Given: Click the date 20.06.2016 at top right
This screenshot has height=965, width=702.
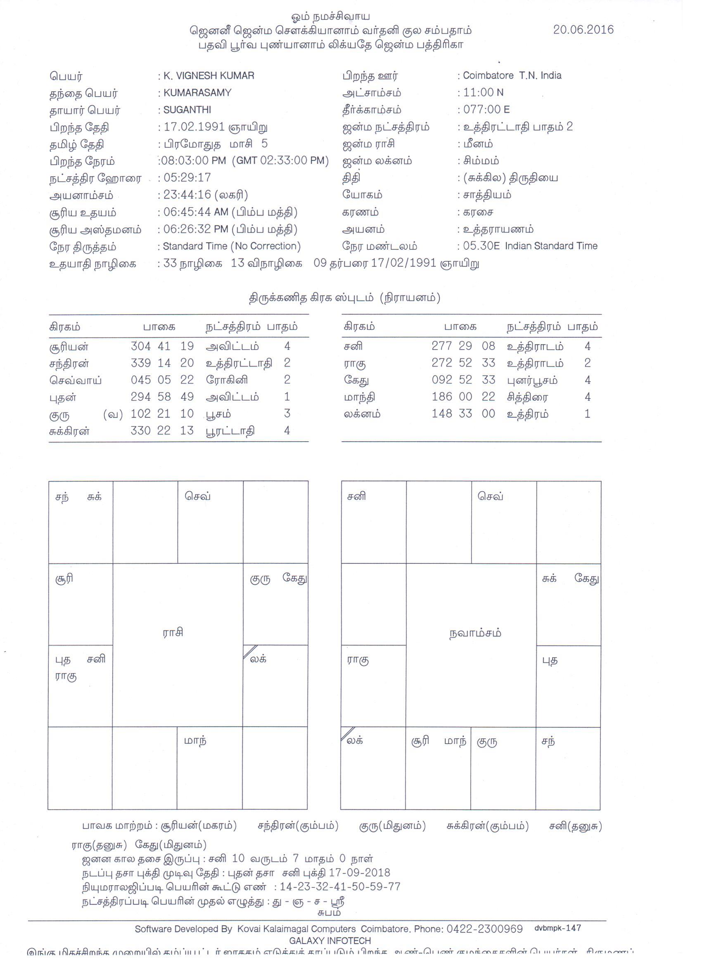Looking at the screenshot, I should [583, 29].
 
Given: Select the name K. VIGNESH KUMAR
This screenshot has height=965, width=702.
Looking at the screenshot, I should [209, 76].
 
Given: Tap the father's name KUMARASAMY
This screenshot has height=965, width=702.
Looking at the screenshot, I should [197, 93].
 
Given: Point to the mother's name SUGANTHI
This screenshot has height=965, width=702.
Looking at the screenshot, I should [187, 110].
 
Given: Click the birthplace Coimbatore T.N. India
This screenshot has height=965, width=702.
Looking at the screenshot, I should [512, 76].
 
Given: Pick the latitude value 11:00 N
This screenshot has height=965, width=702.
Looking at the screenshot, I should [483, 92].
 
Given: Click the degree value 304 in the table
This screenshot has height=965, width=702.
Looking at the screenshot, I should [140, 346].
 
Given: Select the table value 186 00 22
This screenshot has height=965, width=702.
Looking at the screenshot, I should [463, 397].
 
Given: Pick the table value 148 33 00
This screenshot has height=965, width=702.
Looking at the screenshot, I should [463, 414].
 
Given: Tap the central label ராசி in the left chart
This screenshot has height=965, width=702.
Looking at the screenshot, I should [173, 632].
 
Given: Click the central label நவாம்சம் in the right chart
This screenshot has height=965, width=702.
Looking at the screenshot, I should [475, 633].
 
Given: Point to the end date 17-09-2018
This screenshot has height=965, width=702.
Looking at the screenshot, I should [359, 873].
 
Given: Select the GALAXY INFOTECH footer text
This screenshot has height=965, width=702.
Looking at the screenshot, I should [330, 941].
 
